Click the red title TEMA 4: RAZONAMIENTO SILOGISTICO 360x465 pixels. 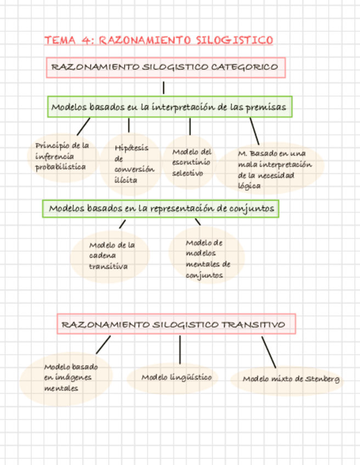click(x=159, y=40)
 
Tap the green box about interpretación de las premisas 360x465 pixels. click(x=170, y=107)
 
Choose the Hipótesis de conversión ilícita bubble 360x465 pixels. click(x=132, y=163)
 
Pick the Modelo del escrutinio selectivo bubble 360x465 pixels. click(x=190, y=162)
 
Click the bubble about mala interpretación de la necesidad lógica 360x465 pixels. click(x=271, y=169)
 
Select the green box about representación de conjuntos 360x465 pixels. click(x=161, y=208)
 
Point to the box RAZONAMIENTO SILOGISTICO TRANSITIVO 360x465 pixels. click(x=176, y=324)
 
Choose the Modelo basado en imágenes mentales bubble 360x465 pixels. click(x=66, y=377)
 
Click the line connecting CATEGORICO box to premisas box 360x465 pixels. click(x=164, y=88)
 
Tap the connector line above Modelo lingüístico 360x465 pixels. click(x=180, y=349)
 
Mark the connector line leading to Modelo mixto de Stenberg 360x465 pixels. click(x=269, y=352)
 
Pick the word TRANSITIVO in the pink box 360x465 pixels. click(x=253, y=325)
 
